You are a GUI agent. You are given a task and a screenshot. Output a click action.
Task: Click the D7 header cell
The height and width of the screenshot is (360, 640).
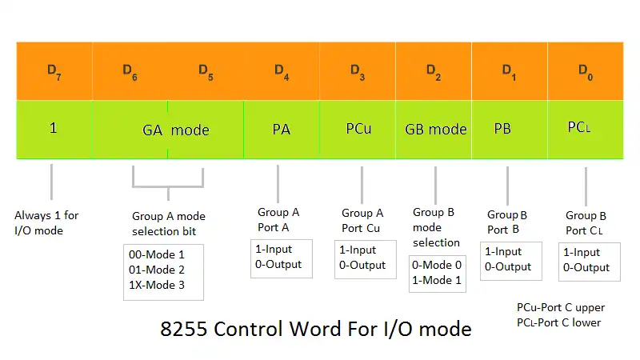click(54, 71)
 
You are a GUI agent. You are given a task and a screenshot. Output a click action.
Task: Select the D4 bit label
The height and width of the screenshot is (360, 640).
click(282, 72)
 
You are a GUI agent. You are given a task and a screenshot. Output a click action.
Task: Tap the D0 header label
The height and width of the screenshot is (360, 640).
click(586, 72)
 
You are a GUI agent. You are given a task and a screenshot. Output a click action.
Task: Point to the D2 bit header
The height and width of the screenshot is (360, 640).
click(434, 71)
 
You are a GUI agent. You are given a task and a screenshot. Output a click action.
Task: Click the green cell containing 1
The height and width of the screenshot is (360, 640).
click(54, 130)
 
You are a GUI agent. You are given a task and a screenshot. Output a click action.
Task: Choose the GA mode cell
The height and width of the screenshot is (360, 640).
click(168, 130)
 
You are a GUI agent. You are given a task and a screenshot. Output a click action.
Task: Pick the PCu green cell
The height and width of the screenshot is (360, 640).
click(358, 130)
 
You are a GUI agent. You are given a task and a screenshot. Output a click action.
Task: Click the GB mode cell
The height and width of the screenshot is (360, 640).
click(434, 130)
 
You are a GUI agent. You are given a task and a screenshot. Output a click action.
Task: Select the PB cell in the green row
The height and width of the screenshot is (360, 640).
click(510, 130)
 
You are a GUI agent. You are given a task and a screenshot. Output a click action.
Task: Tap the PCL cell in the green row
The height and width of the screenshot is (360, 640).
click(586, 130)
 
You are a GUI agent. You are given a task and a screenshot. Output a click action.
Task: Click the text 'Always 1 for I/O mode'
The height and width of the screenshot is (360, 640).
click(46, 223)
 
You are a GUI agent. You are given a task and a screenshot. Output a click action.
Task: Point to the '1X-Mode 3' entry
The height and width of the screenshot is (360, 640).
click(157, 285)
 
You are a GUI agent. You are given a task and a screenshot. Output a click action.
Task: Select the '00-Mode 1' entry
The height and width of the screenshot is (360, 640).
click(157, 254)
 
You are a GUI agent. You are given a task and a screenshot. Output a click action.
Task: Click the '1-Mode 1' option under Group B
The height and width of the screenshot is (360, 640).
click(437, 280)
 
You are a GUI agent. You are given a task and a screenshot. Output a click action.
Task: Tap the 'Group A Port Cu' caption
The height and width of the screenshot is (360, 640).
click(362, 221)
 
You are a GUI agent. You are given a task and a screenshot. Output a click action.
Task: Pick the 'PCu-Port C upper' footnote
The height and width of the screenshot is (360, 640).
click(561, 307)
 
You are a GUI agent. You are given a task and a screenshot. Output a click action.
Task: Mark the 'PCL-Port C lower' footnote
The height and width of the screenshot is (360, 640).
click(558, 322)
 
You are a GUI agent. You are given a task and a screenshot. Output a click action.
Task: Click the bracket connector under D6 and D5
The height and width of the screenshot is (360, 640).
click(168, 187)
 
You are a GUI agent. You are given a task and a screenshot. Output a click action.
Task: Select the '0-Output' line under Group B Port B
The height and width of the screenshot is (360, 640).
click(508, 267)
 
